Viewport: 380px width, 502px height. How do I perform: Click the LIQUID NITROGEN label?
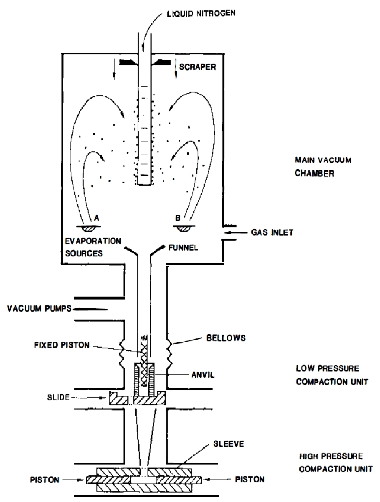point(201,13)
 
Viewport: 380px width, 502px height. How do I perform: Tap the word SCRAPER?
point(198,67)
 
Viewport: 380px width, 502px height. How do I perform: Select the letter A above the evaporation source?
point(96,218)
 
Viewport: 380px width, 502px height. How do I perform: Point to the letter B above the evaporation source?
point(178,218)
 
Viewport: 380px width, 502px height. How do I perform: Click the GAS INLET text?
point(272,232)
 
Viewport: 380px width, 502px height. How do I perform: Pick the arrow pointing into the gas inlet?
point(236,233)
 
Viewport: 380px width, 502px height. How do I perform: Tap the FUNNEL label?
point(183,248)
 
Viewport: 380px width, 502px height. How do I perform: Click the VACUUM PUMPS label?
point(39,308)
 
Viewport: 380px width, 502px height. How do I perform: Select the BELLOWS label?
point(226,338)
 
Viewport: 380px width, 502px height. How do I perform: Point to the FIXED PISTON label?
point(62,345)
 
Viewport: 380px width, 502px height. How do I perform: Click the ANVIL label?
point(203,375)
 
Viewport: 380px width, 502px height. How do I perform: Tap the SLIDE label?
point(58,397)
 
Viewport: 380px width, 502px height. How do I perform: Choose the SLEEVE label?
point(228,444)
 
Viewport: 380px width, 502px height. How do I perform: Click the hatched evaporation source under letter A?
point(89,229)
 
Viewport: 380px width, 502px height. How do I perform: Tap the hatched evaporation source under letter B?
point(184,228)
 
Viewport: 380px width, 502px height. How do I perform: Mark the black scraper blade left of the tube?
point(128,62)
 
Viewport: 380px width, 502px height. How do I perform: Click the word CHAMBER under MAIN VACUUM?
point(314,173)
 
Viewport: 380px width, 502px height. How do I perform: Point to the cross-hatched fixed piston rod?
point(144,361)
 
